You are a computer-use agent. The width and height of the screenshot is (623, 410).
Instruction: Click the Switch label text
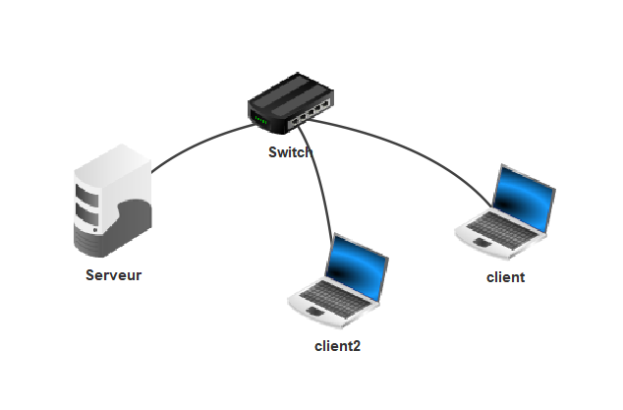291,152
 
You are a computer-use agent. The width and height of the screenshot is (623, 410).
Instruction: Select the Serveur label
113,275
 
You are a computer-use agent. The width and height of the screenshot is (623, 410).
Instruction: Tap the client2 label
337,346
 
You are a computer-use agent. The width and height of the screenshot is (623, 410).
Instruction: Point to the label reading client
506,277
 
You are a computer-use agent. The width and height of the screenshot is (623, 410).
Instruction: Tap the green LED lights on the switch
260,120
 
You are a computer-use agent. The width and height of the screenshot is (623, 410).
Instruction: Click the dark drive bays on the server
87,202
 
